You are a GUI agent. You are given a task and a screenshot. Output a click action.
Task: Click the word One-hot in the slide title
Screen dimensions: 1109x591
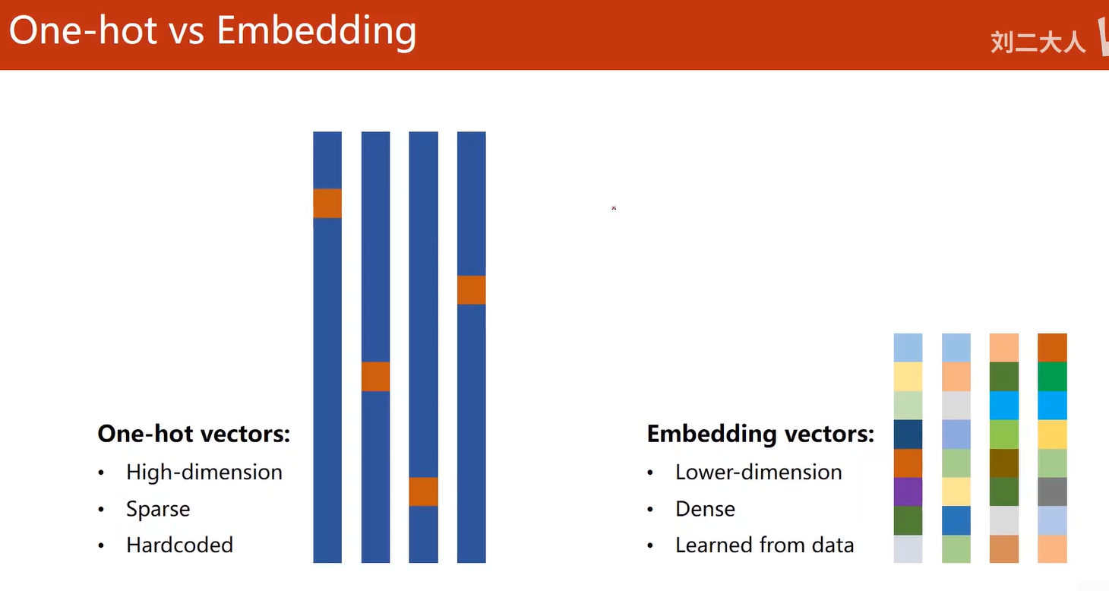(84, 30)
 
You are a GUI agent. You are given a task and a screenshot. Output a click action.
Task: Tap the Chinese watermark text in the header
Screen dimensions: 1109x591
(1038, 42)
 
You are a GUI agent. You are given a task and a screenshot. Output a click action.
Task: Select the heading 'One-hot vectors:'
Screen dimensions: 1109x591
(194, 434)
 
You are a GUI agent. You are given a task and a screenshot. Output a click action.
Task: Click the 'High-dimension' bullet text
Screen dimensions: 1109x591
(204, 472)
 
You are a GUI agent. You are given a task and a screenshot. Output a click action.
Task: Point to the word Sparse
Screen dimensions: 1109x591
(158, 509)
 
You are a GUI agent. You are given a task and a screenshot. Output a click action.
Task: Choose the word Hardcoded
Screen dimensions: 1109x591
(179, 545)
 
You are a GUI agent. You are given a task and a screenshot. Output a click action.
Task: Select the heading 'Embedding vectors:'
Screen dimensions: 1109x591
(760, 434)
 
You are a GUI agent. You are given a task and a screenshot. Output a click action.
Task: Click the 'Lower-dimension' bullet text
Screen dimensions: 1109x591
(759, 472)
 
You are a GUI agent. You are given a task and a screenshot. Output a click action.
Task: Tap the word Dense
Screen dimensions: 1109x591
(705, 509)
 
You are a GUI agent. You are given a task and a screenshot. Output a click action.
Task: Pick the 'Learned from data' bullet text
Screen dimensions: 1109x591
(764, 545)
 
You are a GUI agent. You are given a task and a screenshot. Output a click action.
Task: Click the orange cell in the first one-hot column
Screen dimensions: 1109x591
(327, 204)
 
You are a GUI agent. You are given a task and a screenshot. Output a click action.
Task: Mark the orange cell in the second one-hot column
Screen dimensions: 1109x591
(376, 377)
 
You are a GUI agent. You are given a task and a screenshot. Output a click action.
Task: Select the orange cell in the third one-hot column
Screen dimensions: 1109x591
(423, 491)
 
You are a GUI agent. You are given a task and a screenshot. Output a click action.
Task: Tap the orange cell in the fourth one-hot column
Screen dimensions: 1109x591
(471, 290)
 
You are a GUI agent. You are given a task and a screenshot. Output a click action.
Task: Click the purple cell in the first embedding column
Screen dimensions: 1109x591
(908, 491)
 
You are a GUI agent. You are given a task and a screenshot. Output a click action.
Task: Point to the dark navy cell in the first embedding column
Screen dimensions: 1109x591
(908, 434)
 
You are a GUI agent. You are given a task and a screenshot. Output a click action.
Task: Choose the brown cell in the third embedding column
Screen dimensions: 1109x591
(1004, 463)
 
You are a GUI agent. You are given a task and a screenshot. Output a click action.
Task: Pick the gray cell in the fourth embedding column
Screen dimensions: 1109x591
(1052, 491)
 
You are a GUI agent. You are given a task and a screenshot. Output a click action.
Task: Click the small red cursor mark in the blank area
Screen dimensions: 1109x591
(614, 208)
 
